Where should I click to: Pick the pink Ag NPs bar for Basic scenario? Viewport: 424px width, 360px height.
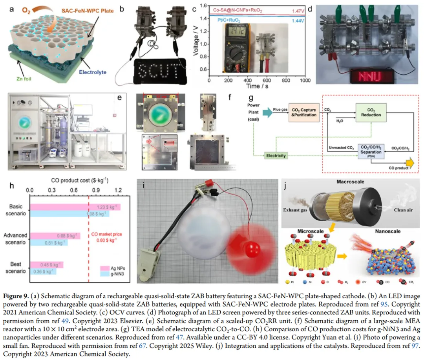[x=75, y=207]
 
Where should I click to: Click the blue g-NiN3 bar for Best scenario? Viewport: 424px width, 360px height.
[x=43, y=272]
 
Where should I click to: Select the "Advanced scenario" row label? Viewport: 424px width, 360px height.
[x=15, y=239]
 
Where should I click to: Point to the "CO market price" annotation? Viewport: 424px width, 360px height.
[x=106, y=234]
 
